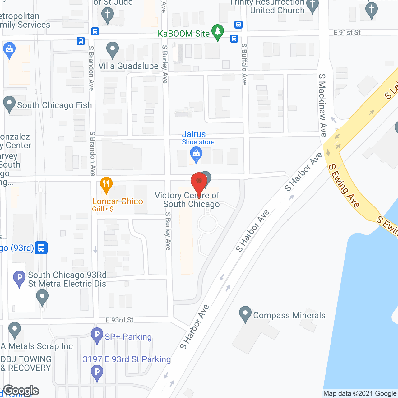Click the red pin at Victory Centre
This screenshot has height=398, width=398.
pos(199,181)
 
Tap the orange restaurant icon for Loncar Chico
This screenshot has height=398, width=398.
pos(106,185)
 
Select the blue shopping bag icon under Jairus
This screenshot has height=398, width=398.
pos(196,154)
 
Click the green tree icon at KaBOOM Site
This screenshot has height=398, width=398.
pos(218,31)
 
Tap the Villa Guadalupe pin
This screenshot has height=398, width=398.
pos(113,49)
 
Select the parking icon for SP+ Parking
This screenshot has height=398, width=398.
pos(97,335)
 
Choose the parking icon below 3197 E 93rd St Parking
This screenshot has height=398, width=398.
pos(97,372)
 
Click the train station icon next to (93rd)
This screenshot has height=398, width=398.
pos(41,248)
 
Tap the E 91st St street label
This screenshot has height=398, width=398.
pos(347,32)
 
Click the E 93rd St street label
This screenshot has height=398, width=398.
pos(120,320)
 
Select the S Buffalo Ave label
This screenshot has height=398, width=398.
pos(244,64)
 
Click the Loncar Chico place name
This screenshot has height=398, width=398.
pos(118,201)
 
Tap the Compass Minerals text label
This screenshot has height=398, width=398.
pos(289,315)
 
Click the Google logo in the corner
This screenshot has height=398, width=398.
pos(21,391)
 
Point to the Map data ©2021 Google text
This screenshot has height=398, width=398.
pos(360,394)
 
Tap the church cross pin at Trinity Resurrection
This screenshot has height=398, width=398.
pos(312,6)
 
